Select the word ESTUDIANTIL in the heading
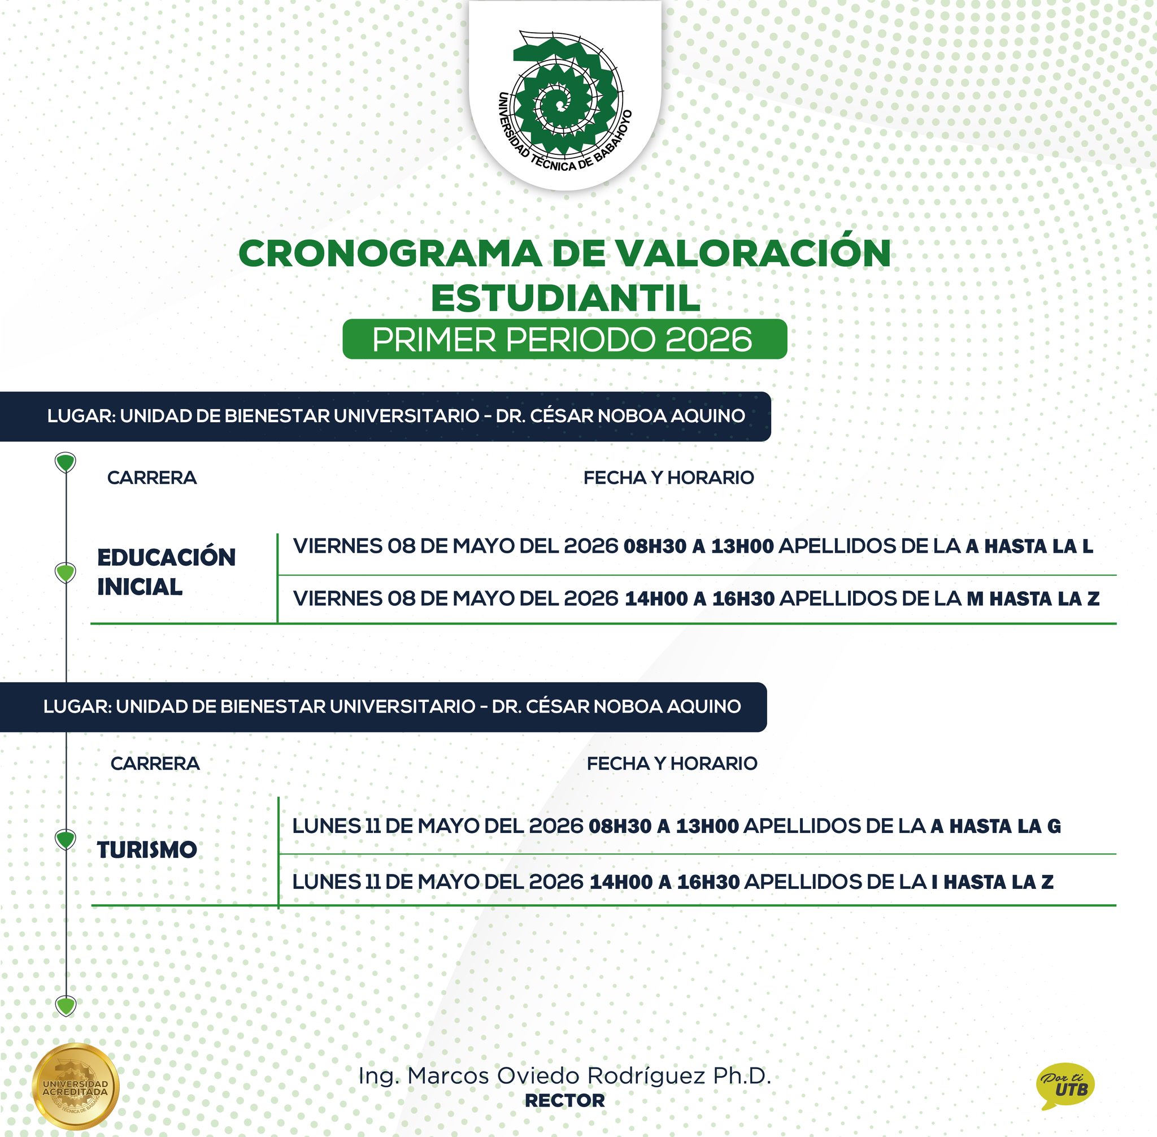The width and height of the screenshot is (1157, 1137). [565, 298]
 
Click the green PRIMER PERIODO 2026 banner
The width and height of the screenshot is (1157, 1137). [564, 339]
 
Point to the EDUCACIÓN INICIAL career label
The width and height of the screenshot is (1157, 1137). [166, 571]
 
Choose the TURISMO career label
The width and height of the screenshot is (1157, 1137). [147, 850]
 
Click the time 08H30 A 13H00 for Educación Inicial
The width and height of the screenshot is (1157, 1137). [698, 546]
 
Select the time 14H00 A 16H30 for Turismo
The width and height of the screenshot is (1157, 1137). [664, 882]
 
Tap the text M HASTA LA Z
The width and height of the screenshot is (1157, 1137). [1032, 598]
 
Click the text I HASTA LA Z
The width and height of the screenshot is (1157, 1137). [992, 882]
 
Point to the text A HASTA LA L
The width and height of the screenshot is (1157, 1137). [1029, 546]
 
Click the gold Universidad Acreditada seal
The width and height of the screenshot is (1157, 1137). [75, 1086]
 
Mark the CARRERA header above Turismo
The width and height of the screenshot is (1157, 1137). [155, 763]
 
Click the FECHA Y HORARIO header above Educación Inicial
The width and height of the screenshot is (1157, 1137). [668, 478]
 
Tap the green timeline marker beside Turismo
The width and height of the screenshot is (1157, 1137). [65, 839]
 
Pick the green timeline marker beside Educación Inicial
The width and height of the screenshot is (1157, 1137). [65, 572]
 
